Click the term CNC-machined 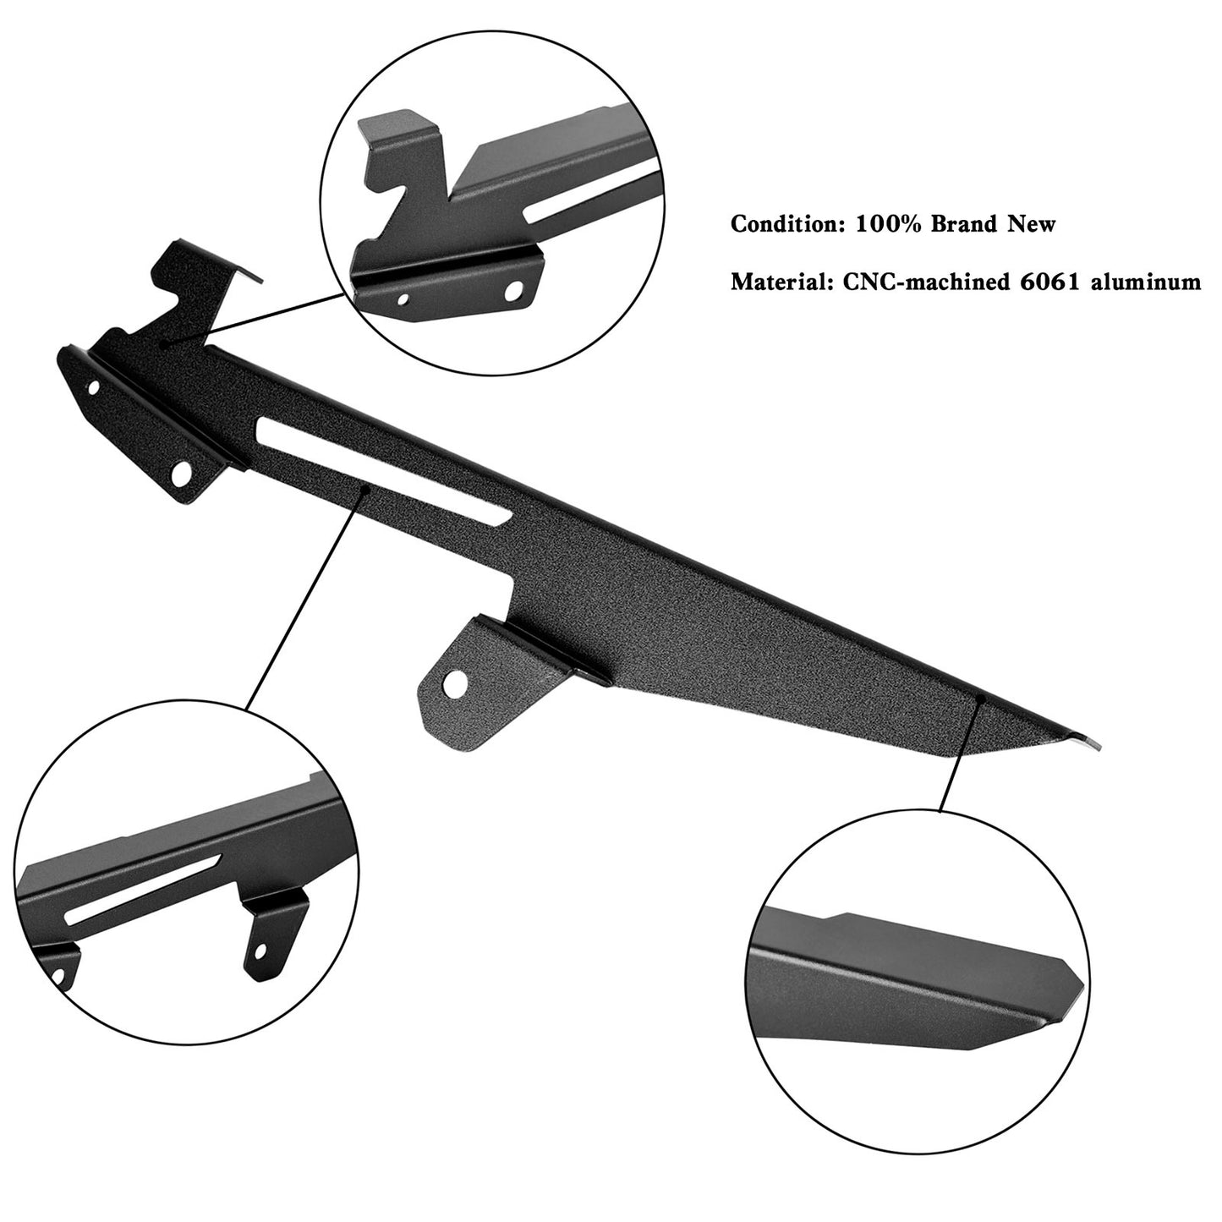click(924, 281)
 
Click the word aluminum click(1146, 281)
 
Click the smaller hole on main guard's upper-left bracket click(93, 386)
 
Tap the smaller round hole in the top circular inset click(402, 298)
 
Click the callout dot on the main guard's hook click(164, 343)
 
